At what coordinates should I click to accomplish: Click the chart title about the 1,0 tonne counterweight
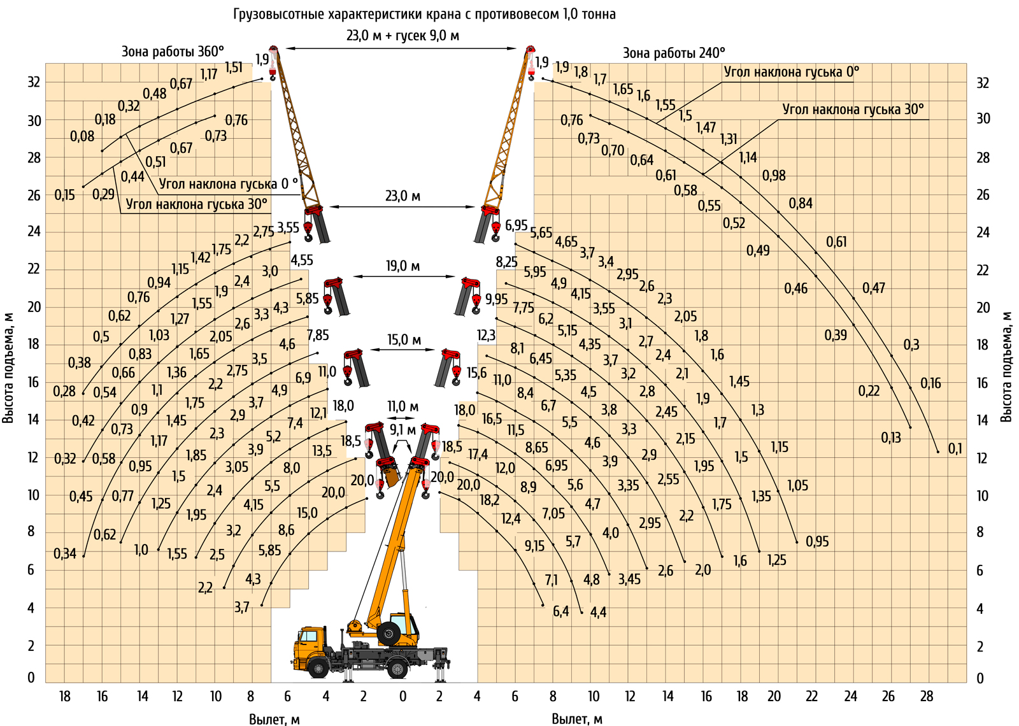pyautogui.click(x=424, y=15)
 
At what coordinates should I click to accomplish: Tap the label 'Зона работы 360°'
pyautogui.click(x=173, y=52)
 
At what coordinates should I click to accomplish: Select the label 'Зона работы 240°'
pyautogui.click(x=674, y=53)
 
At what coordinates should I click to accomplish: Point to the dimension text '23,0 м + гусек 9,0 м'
pyautogui.click(x=403, y=36)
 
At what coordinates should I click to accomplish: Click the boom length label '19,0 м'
pyautogui.click(x=403, y=266)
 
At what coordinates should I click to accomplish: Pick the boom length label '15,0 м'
pyautogui.click(x=404, y=340)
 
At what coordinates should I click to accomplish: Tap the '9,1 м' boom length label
pyautogui.click(x=403, y=430)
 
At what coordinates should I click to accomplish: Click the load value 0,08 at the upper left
pyautogui.click(x=82, y=136)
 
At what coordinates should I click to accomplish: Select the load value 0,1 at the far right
pyautogui.click(x=955, y=449)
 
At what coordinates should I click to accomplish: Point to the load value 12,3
pyautogui.click(x=486, y=336)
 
